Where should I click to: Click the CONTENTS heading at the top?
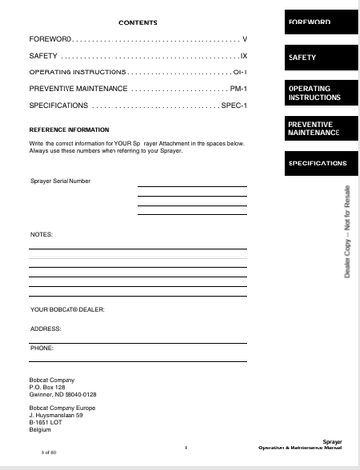coord(138,22)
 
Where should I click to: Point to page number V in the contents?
coord(243,39)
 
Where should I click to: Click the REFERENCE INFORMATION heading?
coord(69,129)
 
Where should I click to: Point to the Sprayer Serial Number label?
coord(61,182)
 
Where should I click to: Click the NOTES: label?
coord(41,235)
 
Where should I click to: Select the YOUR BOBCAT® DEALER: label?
coord(67,309)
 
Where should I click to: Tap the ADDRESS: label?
coord(46,328)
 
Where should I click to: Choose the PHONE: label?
coord(43,347)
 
